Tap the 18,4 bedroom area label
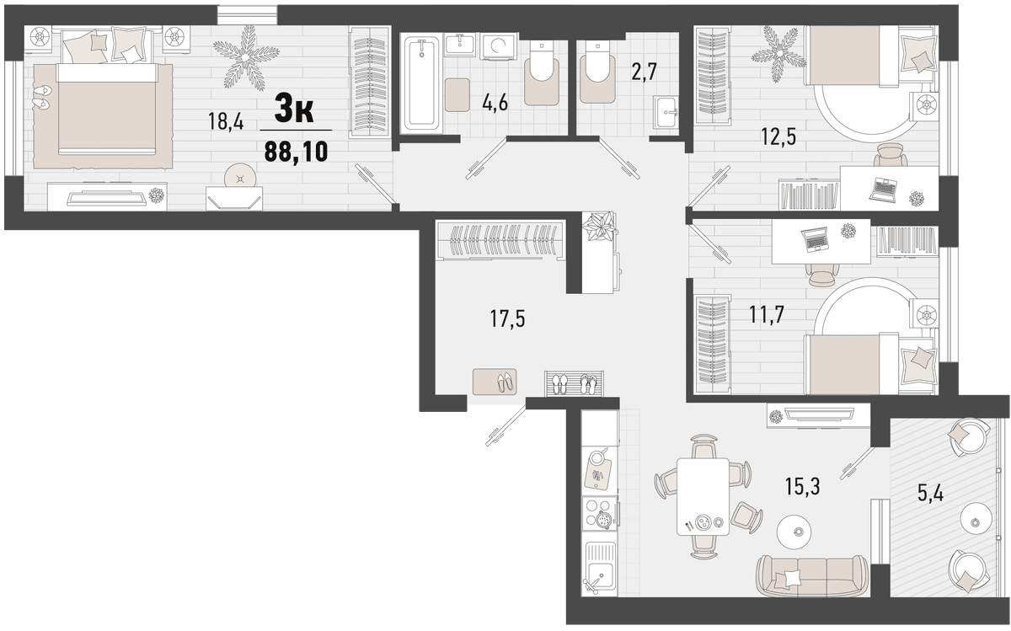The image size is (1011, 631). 226,121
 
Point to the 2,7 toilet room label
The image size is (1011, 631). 644,72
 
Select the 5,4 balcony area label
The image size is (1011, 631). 930,494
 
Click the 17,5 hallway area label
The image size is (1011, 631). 508,318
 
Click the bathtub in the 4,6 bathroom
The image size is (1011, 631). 421,84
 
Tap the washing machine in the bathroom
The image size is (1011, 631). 499,45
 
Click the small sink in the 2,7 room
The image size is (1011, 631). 666,111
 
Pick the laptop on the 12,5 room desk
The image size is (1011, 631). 884,190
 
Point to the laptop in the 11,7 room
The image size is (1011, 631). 816,239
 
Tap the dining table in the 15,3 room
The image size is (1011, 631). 703,496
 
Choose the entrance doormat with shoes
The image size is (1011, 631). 495,382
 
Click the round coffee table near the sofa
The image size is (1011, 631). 794,532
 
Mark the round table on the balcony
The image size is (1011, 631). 976,522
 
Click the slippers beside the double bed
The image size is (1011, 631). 42,97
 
